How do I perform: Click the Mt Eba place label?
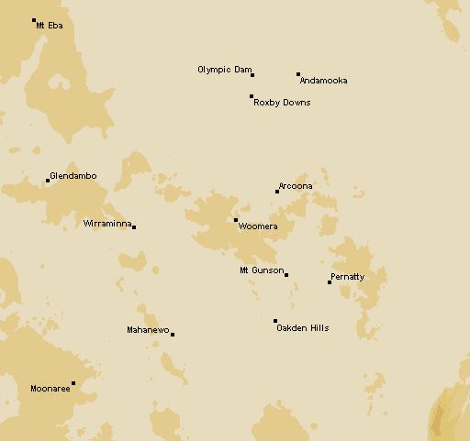(x=50, y=26)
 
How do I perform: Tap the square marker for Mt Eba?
(x=34, y=20)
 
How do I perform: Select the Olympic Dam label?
(x=224, y=70)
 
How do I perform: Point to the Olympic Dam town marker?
(x=252, y=75)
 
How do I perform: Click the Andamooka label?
(x=323, y=81)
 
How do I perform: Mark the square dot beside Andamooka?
(x=298, y=74)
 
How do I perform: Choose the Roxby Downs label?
(x=281, y=103)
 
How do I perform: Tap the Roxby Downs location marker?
(x=252, y=96)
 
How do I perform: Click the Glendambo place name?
(x=73, y=176)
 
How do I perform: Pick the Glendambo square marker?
(x=48, y=181)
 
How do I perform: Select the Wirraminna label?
(x=106, y=223)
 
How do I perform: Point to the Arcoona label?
(x=296, y=186)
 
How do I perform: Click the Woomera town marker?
(x=236, y=220)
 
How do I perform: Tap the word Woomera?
(x=258, y=226)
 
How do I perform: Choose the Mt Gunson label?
(x=261, y=270)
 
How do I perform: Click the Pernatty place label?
(x=347, y=277)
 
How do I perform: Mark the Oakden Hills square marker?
(x=275, y=321)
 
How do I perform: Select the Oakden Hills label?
(x=302, y=328)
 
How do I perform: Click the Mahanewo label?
(x=147, y=330)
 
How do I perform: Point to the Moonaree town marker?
(x=73, y=383)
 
